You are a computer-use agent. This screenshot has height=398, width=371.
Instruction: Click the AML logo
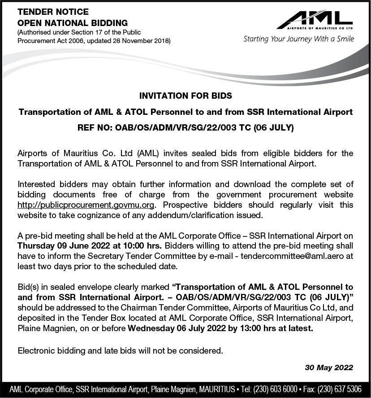(x=314, y=20)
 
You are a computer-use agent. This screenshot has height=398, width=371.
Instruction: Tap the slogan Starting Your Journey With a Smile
(x=298, y=39)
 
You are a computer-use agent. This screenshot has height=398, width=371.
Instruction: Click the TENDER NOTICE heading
(x=53, y=12)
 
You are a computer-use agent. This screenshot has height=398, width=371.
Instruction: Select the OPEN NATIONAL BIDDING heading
(x=73, y=23)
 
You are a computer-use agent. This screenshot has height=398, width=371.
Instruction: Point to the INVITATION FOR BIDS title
(x=185, y=96)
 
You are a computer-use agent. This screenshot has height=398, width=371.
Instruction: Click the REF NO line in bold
(x=185, y=128)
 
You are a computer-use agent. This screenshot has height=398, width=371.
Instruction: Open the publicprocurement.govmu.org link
(x=86, y=206)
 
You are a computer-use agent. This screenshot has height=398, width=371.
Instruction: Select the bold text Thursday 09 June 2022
(x=60, y=246)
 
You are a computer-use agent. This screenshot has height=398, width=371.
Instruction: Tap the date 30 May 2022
(x=329, y=367)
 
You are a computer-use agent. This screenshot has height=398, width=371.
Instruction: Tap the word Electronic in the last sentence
(x=35, y=350)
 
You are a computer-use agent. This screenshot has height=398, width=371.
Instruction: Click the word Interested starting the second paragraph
(x=36, y=184)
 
